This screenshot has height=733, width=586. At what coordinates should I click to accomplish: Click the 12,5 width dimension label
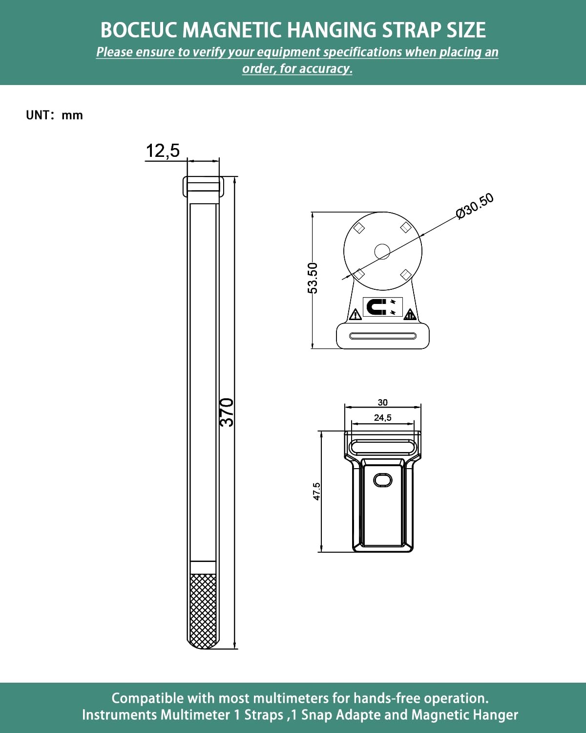163,151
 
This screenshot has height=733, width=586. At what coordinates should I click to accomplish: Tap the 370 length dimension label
227,412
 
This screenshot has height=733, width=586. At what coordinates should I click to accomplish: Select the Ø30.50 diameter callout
475,206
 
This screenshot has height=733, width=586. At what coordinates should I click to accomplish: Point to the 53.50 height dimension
312,278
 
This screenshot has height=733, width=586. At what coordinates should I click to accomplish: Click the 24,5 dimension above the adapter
383,418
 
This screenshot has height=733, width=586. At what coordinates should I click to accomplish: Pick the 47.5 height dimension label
316,491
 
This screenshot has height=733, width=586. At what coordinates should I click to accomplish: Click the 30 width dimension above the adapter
383,403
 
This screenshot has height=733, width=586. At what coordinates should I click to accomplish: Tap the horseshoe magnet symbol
376,307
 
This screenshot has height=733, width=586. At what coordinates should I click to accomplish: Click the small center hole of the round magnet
382,252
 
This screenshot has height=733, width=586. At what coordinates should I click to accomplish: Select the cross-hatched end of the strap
203,611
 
